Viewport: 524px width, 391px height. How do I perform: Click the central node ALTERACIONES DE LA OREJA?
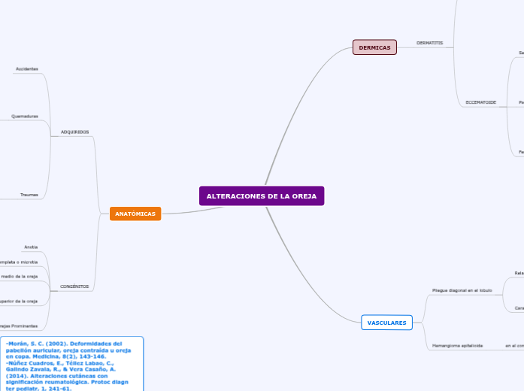point(262,196)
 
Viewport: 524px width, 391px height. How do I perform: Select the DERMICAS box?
point(374,47)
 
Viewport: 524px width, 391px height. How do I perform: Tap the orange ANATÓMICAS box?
point(135,214)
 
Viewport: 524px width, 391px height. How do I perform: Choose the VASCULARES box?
point(386,323)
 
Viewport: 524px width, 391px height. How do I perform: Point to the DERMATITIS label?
point(429,43)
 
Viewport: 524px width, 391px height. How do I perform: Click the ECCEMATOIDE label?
point(480,102)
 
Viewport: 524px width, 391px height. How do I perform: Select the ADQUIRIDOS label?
point(74,132)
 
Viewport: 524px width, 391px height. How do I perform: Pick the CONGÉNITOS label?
point(74,286)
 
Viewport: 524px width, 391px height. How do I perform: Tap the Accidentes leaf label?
point(26,68)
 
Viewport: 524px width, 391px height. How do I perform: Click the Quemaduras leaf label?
point(25,117)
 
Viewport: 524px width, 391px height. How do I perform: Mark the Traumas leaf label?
point(29,195)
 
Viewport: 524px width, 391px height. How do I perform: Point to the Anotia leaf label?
point(31,247)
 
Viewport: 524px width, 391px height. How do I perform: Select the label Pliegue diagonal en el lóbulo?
point(462,289)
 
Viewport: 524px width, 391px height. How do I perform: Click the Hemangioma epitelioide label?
point(457,345)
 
